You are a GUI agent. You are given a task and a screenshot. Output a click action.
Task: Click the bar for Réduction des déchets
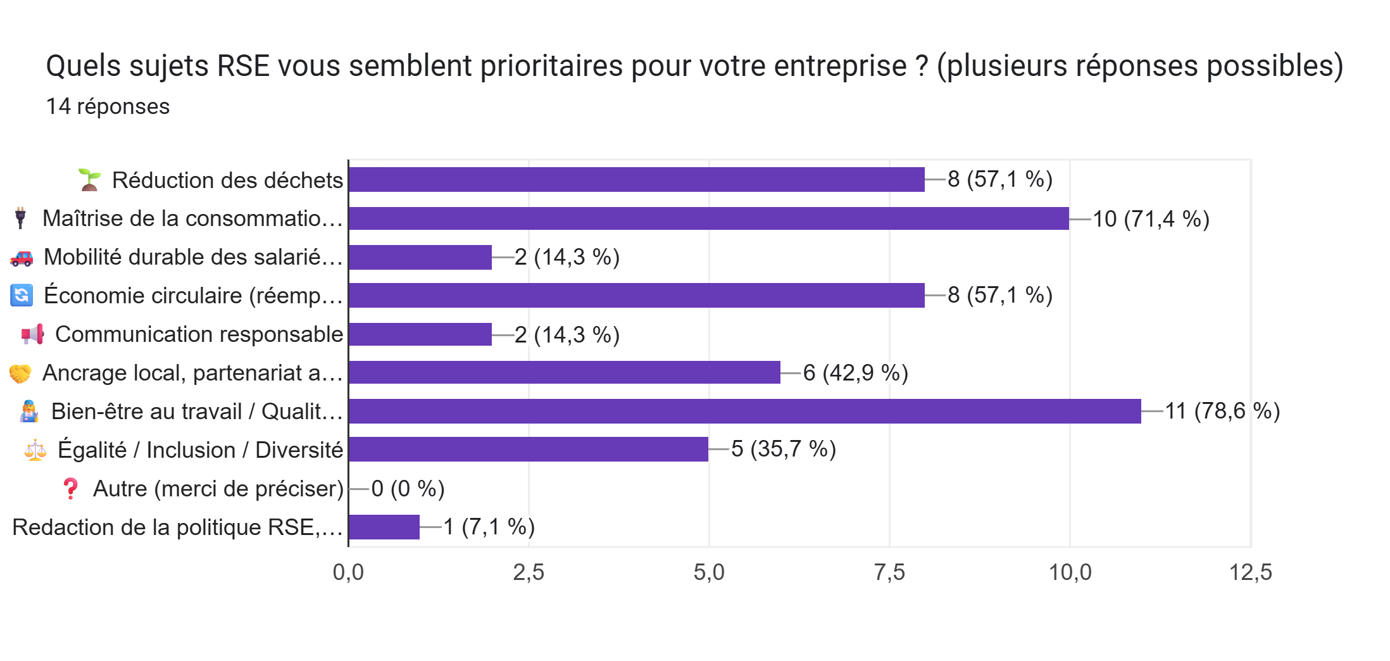click(x=636, y=180)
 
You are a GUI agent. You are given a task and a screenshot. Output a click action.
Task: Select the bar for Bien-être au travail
click(x=744, y=411)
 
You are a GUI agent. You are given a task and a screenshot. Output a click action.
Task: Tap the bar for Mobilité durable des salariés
click(x=420, y=257)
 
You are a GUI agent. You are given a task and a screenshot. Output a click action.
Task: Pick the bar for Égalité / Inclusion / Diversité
click(x=528, y=449)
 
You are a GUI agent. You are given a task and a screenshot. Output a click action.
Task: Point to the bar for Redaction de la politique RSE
click(x=384, y=527)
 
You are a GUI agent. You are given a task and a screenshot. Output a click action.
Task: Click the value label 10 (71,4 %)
click(x=1151, y=219)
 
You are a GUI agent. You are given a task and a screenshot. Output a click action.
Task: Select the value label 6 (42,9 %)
click(x=855, y=373)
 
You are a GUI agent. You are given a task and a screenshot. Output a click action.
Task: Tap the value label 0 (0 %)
click(x=408, y=489)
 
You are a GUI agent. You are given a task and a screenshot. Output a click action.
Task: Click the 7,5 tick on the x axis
click(x=889, y=572)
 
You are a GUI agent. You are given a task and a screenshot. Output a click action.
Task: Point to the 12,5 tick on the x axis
click(x=1250, y=572)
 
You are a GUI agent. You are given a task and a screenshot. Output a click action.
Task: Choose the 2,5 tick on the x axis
click(x=529, y=572)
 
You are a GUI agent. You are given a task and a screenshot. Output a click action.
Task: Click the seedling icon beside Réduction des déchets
click(x=89, y=180)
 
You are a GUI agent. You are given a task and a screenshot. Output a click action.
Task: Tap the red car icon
click(x=22, y=258)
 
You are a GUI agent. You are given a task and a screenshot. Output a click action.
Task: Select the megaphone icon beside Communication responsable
click(x=33, y=334)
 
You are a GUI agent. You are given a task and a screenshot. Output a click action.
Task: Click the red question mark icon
click(x=70, y=488)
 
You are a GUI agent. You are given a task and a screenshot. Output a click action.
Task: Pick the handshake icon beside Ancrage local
click(x=20, y=374)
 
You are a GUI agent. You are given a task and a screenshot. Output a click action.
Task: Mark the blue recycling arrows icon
click(x=22, y=295)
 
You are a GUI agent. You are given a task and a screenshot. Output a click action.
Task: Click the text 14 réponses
click(x=108, y=106)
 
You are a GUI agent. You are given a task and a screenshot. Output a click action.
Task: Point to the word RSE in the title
click(x=243, y=66)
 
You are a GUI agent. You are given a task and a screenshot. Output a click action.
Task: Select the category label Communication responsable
click(x=199, y=334)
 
